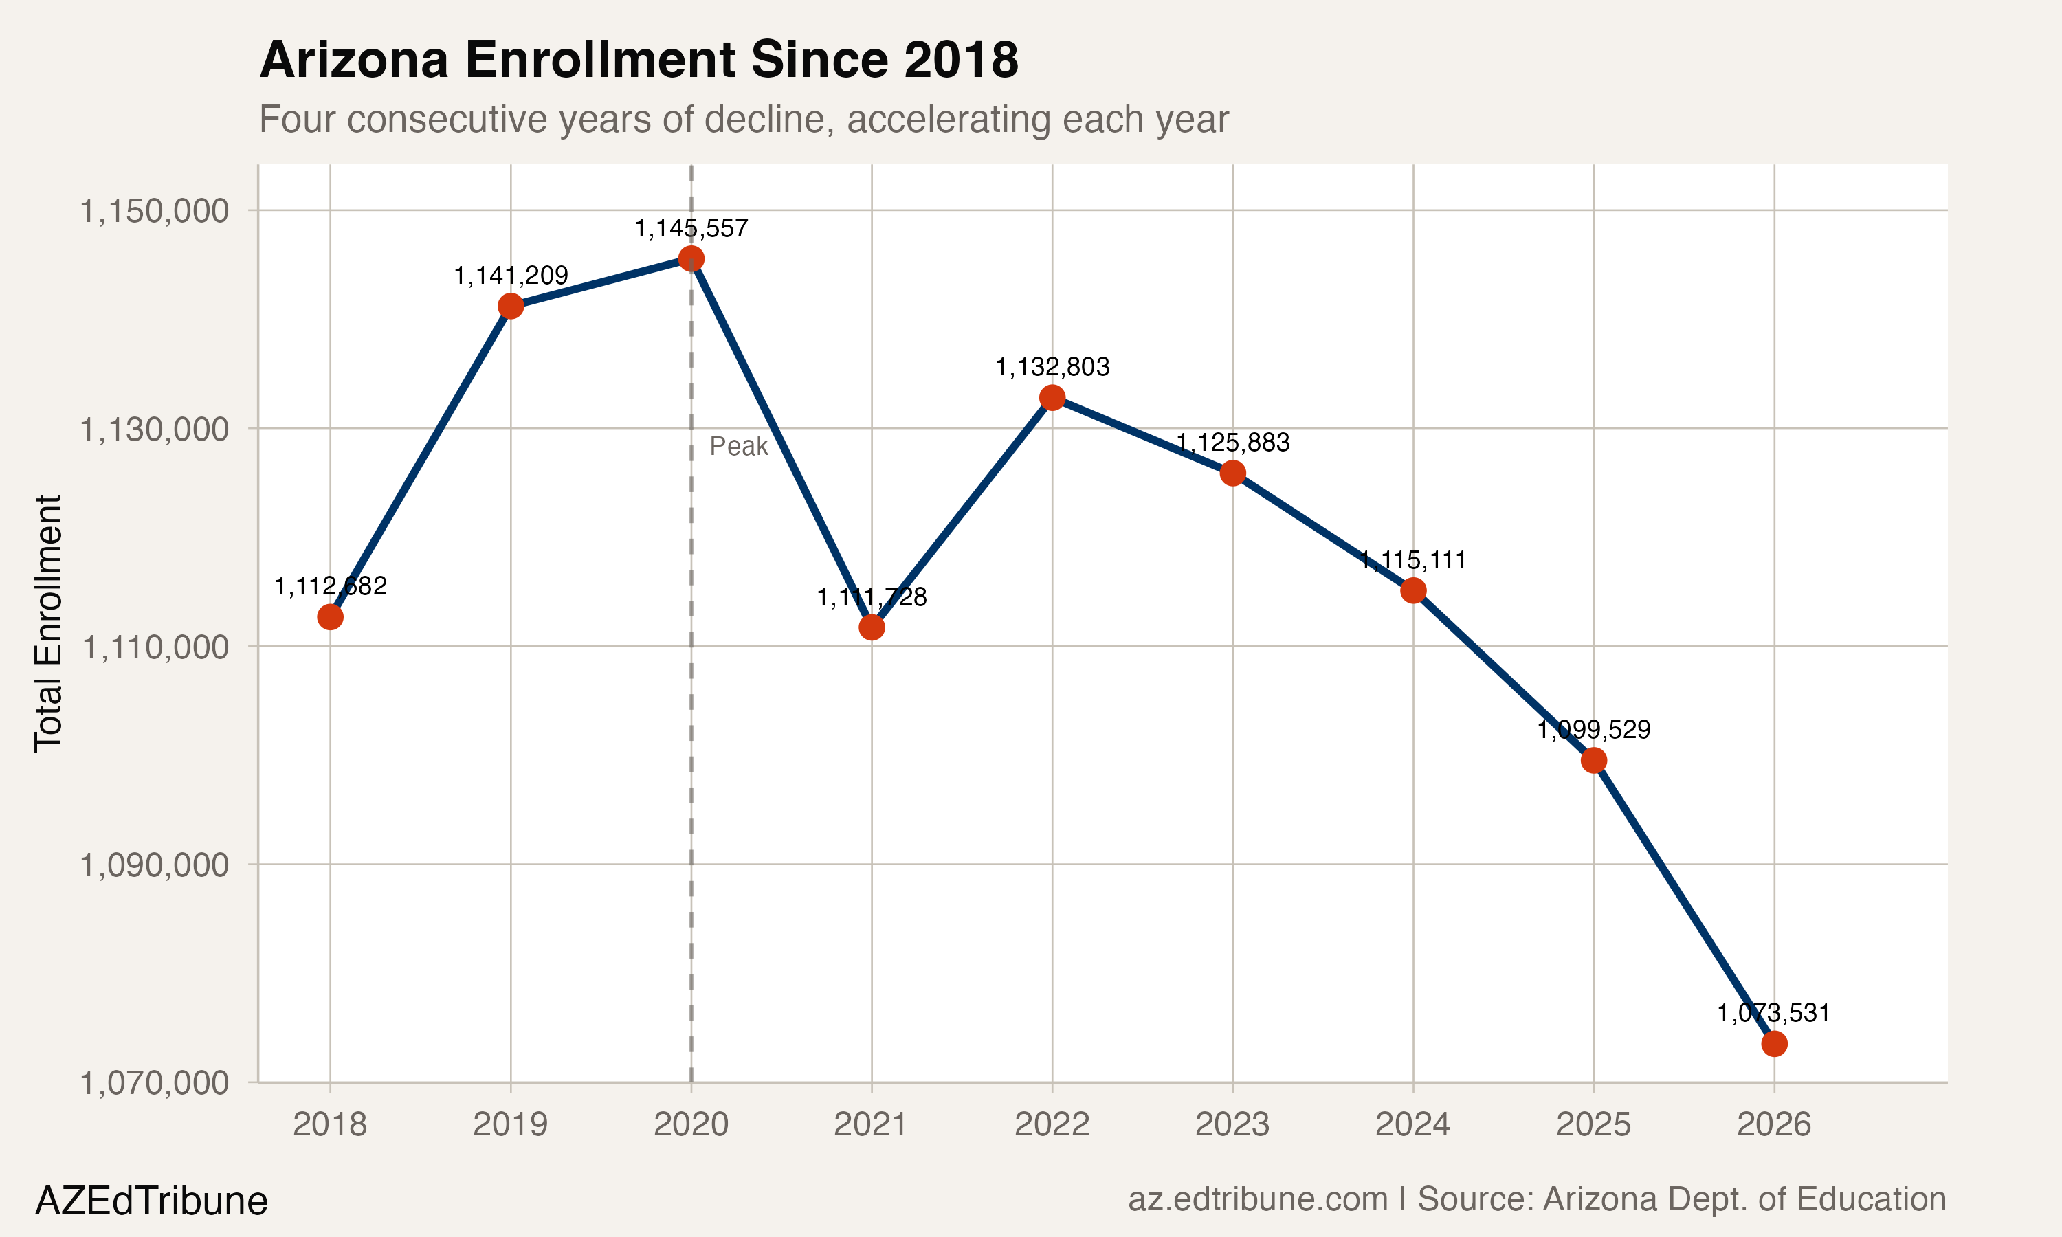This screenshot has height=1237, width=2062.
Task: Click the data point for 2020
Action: point(691,258)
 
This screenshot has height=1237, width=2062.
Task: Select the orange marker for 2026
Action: point(1773,1044)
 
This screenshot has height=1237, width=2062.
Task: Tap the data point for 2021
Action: point(872,627)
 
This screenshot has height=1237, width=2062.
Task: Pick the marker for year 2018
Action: point(330,617)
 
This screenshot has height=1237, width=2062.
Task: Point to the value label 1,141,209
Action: point(510,275)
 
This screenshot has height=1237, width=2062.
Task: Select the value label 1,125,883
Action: point(1232,443)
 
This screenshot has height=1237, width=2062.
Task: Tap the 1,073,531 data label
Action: point(1773,1013)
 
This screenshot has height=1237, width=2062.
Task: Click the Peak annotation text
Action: point(738,447)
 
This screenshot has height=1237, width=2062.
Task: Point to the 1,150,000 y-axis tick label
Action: point(153,211)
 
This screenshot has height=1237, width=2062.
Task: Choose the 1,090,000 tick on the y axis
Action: point(153,865)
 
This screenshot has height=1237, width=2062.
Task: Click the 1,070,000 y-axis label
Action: point(153,1083)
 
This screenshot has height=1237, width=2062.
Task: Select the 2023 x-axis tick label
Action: point(1232,1124)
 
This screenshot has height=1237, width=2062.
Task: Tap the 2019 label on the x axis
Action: point(510,1124)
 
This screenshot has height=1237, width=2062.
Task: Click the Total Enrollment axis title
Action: point(48,623)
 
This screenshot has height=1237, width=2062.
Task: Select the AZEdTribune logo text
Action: point(151,1201)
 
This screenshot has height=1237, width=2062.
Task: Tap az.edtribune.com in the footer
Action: point(1257,1199)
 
